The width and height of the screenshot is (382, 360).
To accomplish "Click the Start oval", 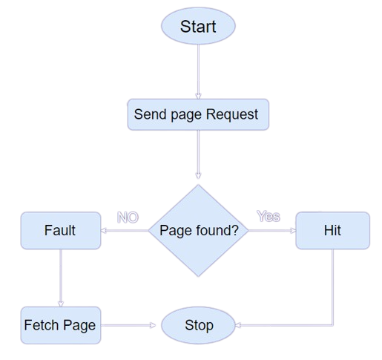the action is point(198,26).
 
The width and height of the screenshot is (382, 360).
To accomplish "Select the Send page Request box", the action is point(198,114).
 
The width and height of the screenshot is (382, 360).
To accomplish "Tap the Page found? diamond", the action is point(198,230).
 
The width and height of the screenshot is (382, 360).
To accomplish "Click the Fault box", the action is point(61,230).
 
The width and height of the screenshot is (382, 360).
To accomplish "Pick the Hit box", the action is point(332,230).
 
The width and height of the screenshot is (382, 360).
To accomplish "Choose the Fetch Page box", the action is point(61,325).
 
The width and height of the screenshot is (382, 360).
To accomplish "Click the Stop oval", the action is point(198,325).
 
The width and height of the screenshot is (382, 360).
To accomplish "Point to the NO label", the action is point(128,217).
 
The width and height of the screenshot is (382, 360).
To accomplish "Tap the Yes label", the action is point(269,216).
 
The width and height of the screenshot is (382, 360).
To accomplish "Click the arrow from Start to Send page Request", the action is point(198,72).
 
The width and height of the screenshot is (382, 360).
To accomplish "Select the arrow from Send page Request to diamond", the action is point(198,154).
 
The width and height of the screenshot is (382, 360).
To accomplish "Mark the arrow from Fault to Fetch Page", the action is point(61,278).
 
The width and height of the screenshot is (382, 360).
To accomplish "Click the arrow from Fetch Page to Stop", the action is point(128,325).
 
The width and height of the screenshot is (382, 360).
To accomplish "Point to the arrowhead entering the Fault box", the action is point(104,230).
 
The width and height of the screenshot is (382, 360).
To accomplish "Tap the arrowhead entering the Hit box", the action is point(293,230).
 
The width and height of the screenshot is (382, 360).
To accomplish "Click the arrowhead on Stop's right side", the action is point(238,325).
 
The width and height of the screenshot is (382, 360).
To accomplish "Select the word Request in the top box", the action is point(232,114).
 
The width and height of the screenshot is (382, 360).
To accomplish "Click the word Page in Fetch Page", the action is point(79,326).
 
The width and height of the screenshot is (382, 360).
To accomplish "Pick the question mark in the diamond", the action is point(234,230).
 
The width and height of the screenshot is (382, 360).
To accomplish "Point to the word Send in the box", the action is point(151,114).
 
